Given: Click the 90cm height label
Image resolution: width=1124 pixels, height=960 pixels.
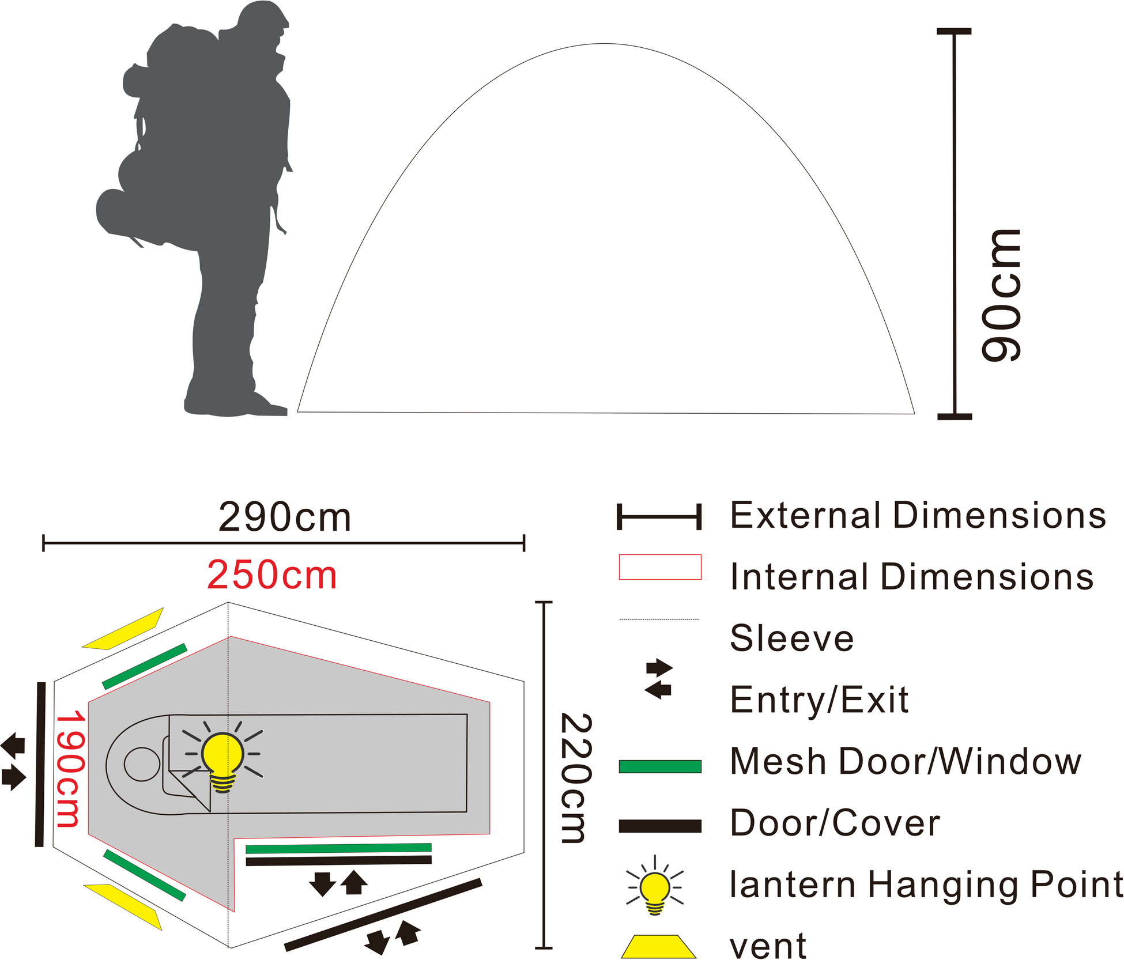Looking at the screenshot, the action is pos(1002,296).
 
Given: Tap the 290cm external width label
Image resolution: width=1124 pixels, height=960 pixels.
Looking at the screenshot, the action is pos(285,517).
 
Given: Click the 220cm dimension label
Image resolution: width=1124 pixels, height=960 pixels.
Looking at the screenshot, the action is pos(576,778).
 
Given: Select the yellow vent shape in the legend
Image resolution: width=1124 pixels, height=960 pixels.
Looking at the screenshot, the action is pos(658,946).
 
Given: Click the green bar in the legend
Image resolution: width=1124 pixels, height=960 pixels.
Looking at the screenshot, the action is pos(660,766).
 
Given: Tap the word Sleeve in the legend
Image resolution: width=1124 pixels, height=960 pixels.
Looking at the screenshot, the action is pos(791,638).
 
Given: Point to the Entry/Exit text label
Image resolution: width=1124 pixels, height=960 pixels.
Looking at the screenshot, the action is pos(819,700).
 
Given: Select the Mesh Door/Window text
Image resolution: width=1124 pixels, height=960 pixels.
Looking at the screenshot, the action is pos(906,761).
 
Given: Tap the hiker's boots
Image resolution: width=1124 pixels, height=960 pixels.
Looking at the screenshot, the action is pos(236,403).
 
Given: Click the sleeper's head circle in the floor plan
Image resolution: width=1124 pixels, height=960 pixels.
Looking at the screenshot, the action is pos(142,764).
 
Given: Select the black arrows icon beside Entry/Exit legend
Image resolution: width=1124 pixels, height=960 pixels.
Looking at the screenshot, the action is pos(659,679).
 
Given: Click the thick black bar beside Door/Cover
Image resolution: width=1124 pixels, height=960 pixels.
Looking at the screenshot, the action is pos(660,826).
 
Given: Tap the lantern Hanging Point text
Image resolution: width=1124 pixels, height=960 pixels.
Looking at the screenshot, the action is pos(926,885).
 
